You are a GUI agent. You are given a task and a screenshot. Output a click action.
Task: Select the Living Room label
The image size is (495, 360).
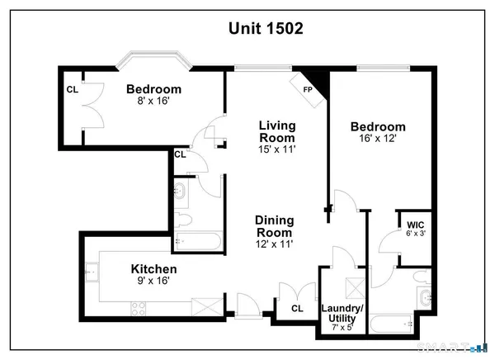(x=277, y=131)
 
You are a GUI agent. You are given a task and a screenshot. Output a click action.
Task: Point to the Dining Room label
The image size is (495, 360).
(x=275, y=226)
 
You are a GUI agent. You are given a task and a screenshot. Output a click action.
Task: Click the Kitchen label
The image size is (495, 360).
(x=154, y=269)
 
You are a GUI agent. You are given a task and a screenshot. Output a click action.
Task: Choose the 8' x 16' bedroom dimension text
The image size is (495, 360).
(x=154, y=103)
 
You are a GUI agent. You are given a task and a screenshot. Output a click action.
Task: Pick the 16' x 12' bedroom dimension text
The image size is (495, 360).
(x=378, y=140)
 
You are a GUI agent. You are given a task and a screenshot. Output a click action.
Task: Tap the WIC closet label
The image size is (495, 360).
(x=415, y=224)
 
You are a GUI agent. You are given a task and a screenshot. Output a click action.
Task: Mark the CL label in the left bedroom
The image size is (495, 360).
(x=71, y=89)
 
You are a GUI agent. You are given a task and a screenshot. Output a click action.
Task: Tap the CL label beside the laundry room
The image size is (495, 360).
(x=297, y=309)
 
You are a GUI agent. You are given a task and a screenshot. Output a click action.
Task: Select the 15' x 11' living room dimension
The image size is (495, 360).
(x=277, y=151)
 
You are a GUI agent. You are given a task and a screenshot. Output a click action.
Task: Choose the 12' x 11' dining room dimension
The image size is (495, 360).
(x=275, y=244)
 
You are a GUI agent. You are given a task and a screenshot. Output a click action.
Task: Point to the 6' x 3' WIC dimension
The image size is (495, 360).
(x=415, y=234)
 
